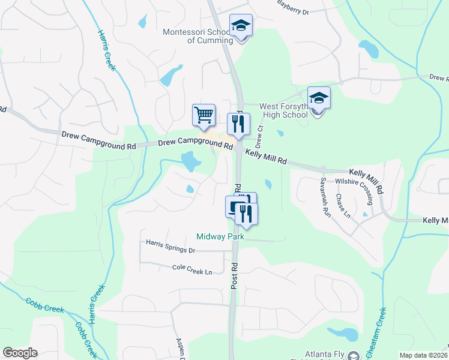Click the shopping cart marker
[x=204, y=114]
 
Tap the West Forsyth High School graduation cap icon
[x=319, y=97]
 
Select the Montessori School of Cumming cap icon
[x=241, y=25]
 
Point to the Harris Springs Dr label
[x=171, y=246]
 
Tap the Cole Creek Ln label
[x=192, y=270]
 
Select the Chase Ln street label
[x=343, y=206]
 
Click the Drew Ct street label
[x=260, y=136]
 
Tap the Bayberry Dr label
[x=292, y=8]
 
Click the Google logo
[x=20, y=353]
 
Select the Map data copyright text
[x=424, y=355]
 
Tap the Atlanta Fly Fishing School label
[x=318, y=354]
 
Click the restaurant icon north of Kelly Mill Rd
[x=238, y=123]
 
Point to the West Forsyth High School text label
[x=283, y=110]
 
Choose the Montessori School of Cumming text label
[x=197, y=36]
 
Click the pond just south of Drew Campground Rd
[x=191, y=160]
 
